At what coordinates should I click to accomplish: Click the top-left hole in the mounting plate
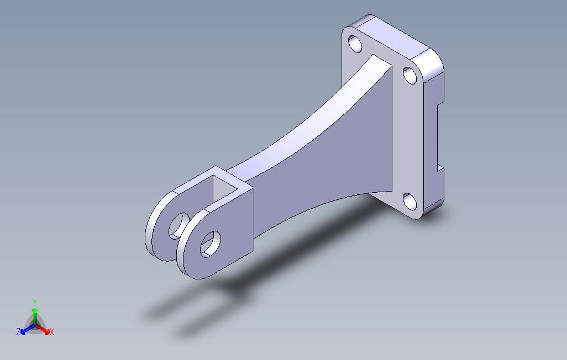pyautogui.click(x=355, y=44)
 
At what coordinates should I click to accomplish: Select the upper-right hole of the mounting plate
pyautogui.click(x=410, y=75)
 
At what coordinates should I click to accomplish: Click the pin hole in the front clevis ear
pyautogui.click(x=211, y=243)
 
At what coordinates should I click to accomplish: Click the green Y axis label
pyautogui.click(x=34, y=303)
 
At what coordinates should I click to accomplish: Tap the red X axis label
pyautogui.click(x=51, y=332)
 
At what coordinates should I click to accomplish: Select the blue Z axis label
pyautogui.click(x=18, y=332)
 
